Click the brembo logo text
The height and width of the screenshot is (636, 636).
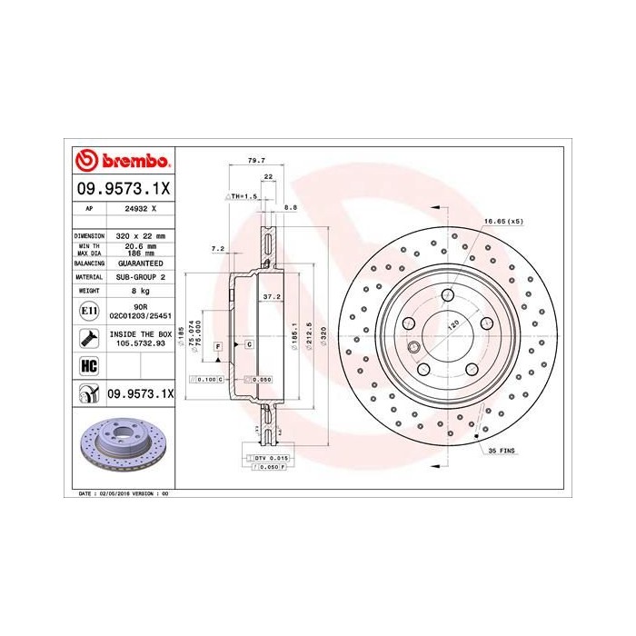[127, 162]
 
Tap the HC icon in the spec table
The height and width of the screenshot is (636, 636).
[89, 367]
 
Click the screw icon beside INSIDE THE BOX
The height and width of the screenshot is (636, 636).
[89, 340]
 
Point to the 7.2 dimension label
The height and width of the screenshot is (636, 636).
[217, 248]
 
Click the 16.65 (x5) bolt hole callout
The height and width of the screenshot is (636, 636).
[502, 221]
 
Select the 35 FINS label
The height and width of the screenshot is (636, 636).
[502, 450]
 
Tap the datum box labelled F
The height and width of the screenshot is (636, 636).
[219, 346]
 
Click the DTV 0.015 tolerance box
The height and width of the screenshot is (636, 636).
[270, 459]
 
